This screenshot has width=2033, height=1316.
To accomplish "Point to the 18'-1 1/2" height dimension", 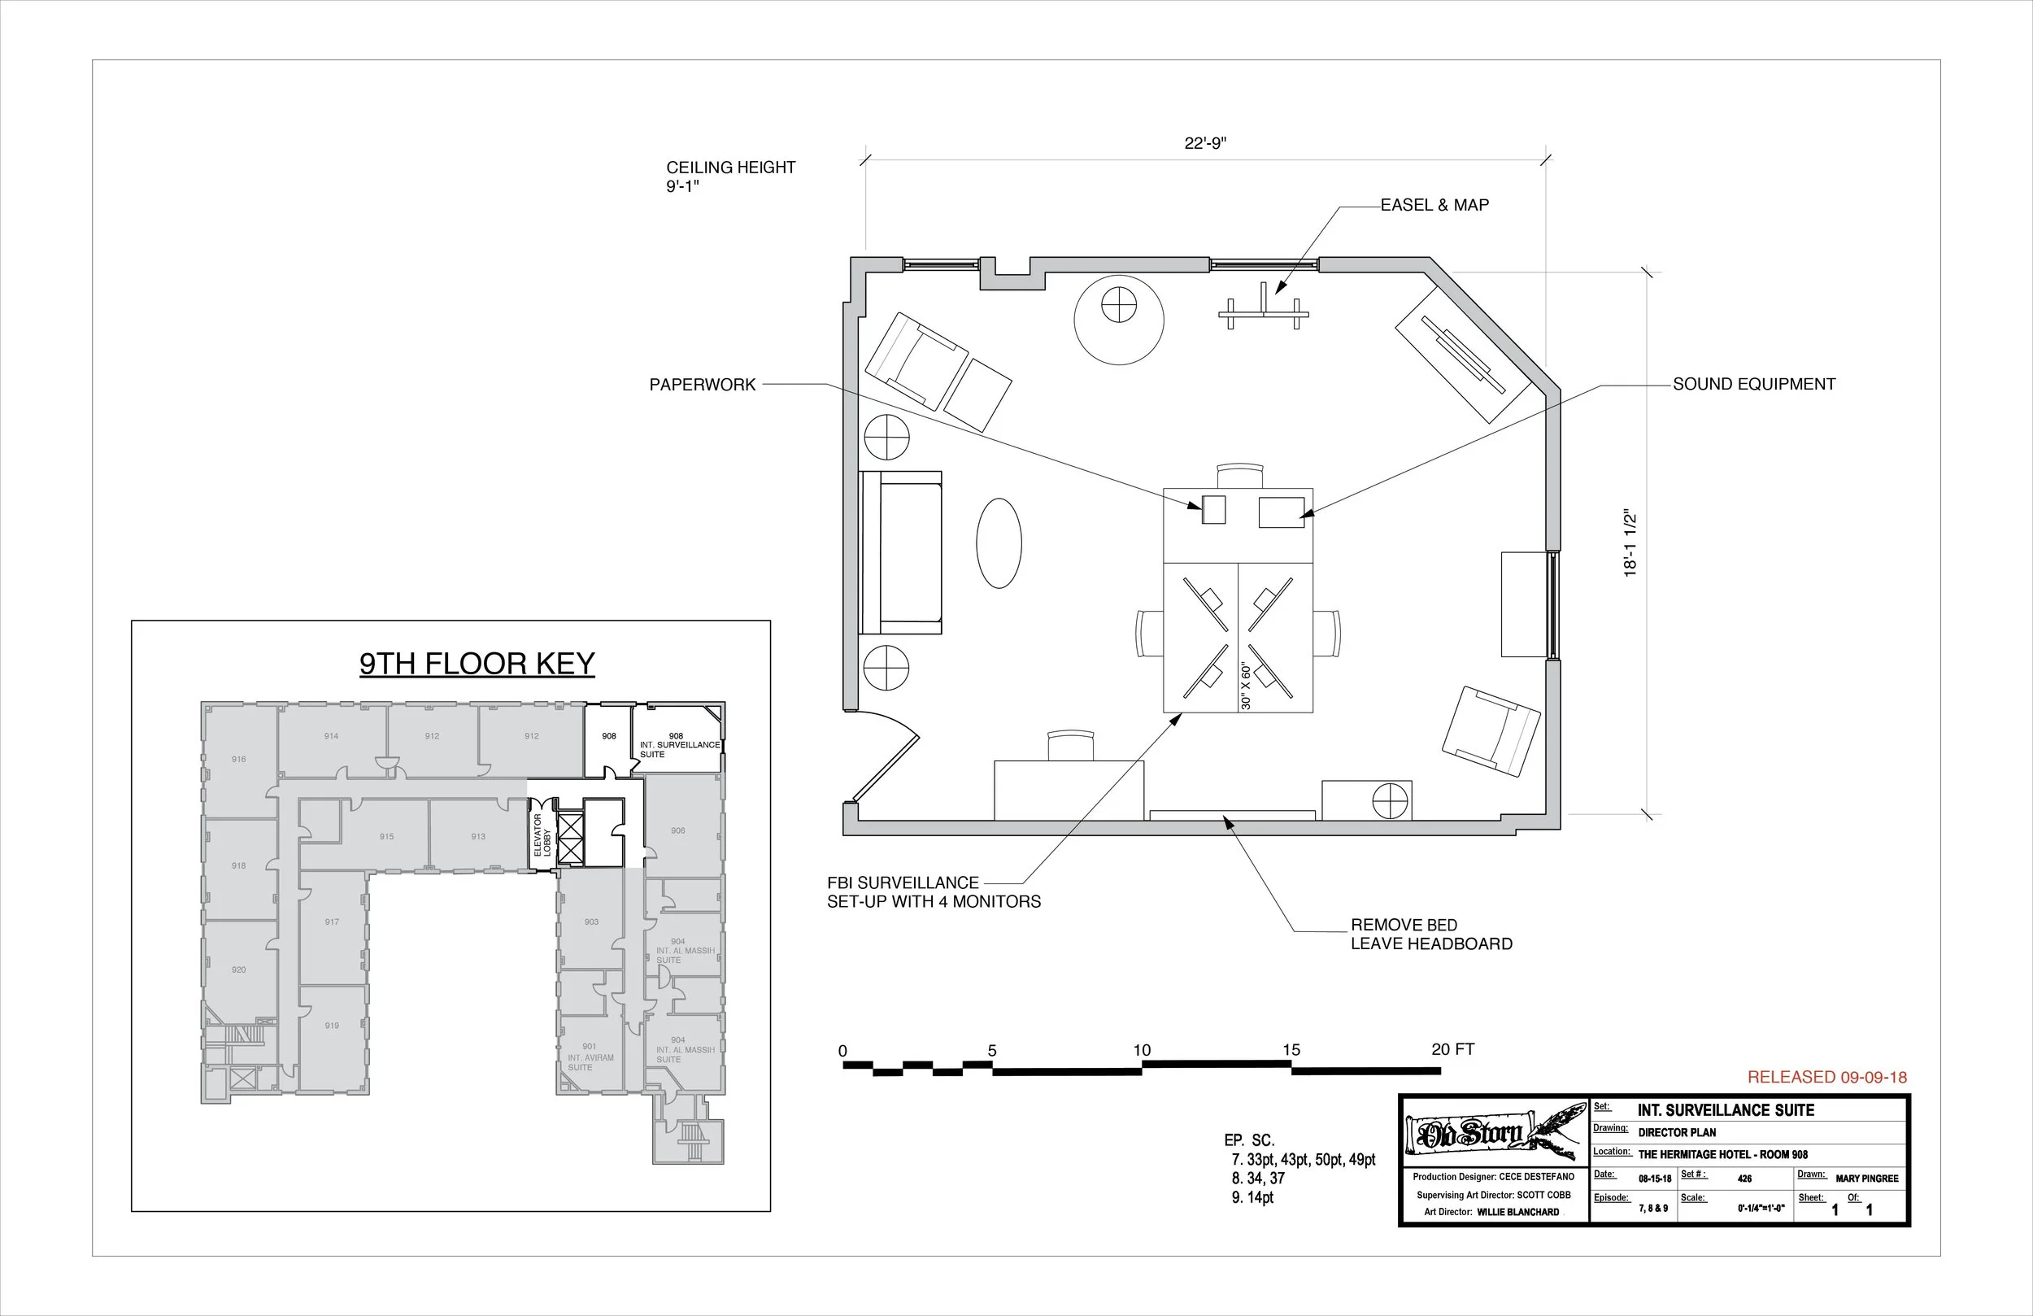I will coord(1630,544).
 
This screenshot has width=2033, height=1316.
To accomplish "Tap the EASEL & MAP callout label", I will coord(1434,205).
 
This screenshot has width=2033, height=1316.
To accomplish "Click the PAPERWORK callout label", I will coord(702,386).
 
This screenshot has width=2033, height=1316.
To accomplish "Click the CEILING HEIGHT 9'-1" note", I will coord(730,176).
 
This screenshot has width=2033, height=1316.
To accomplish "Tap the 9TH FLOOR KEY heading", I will coord(477,664).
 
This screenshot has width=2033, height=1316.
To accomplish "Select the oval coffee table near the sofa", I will coord(999,543).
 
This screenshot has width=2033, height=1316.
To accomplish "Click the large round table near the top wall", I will coord(1118,320).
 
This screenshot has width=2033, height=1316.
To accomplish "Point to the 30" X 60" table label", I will coord(1246,686).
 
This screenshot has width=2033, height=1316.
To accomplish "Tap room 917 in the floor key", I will coord(333,922).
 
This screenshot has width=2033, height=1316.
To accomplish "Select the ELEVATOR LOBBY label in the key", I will coord(542,834).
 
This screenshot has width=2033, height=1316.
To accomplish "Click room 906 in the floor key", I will coord(677,830).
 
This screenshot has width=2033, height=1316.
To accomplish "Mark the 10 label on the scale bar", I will coord(1142,1050).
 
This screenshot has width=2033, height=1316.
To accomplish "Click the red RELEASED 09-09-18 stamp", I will coord(1826,1078).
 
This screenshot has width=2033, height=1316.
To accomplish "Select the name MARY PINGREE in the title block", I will coord(1866,1179).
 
